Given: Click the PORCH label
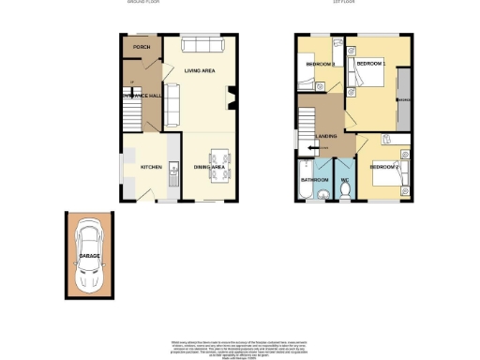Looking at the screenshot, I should (142, 47).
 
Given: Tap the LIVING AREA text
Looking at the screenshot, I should (202, 72).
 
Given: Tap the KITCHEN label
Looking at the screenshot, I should (152, 167).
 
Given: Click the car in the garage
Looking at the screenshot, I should (89, 253).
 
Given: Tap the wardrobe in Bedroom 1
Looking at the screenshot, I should (403, 100).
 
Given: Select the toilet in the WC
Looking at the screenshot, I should (345, 190).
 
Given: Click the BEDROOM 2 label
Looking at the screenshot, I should (384, 168).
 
